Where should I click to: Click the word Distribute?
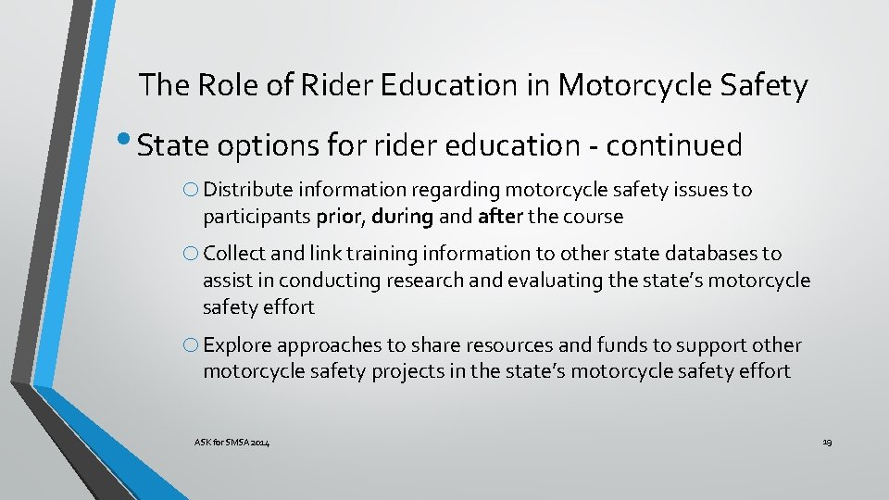244,190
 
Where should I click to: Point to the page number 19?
827,444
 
